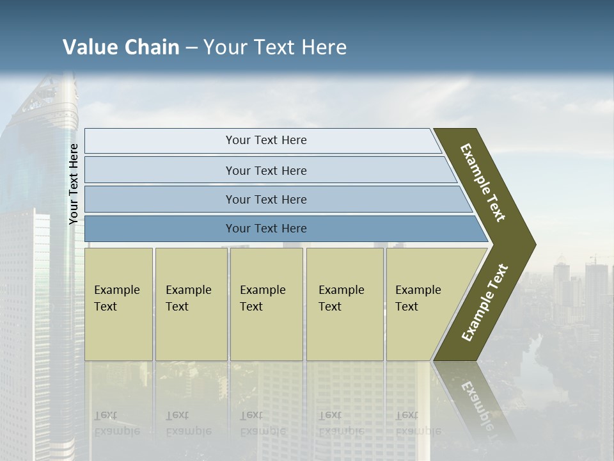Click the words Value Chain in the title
click(121, 47)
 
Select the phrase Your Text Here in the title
click(275, 47)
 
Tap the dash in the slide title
click(191, 48)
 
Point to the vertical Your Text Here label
click(74, 184)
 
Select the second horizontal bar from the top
click(266, 170)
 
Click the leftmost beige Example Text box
click(118, 304)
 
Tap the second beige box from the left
click(191, 304)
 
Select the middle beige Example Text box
click(266, 304)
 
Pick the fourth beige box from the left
click(345, 304)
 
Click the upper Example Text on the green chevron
click(483, 182)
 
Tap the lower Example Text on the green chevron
click(484, 303)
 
